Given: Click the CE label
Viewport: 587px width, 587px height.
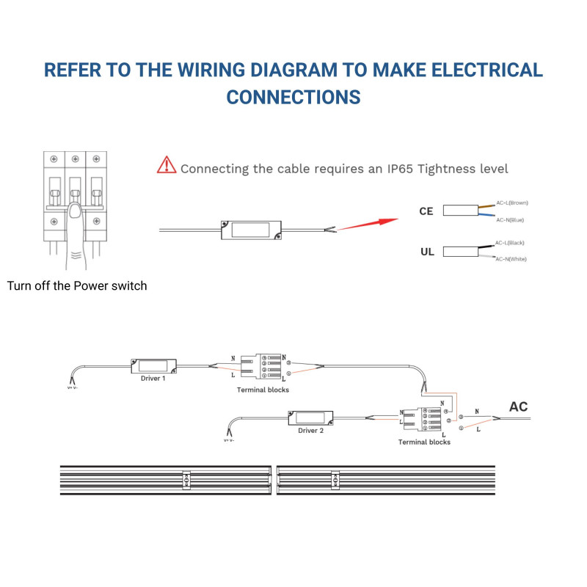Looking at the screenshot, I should point(426,211).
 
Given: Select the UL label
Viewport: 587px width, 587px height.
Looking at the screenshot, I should point(427,252).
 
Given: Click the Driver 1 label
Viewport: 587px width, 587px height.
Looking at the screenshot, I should point(153,379).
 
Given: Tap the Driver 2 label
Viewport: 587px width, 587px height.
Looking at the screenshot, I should point(310,431).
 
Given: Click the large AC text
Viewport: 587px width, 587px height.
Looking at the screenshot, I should point(518,407).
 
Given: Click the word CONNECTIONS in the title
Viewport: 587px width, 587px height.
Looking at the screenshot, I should point(293,97).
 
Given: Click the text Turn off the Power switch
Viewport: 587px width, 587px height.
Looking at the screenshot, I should point(77,285).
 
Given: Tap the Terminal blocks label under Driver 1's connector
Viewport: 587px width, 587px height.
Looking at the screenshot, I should point(263,390).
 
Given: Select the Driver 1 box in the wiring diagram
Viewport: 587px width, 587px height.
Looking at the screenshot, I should point(154,365).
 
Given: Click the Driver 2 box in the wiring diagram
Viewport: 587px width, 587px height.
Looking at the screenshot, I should point(311,418).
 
